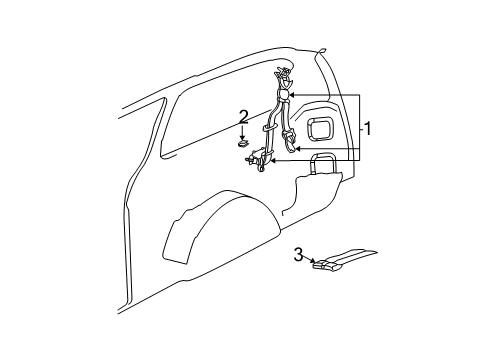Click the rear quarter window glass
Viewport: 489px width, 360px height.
[x=215, y=110]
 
